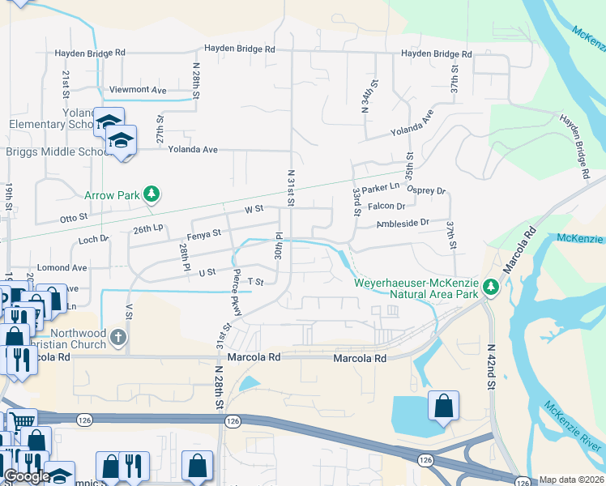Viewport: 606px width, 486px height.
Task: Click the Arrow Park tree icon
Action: [150, 194]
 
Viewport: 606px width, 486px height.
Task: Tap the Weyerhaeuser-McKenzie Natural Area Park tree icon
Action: [490, 287]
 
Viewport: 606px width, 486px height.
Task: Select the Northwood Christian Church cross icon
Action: [118, 338]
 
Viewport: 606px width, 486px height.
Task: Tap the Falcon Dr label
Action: [386, 207]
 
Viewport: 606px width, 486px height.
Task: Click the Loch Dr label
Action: [94, 240]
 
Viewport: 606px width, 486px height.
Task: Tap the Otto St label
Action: [74, 219]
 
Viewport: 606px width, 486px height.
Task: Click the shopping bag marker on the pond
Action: [443, 406]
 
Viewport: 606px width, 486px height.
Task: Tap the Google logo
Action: [27, 476]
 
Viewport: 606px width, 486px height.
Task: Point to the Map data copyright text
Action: [571, 480]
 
